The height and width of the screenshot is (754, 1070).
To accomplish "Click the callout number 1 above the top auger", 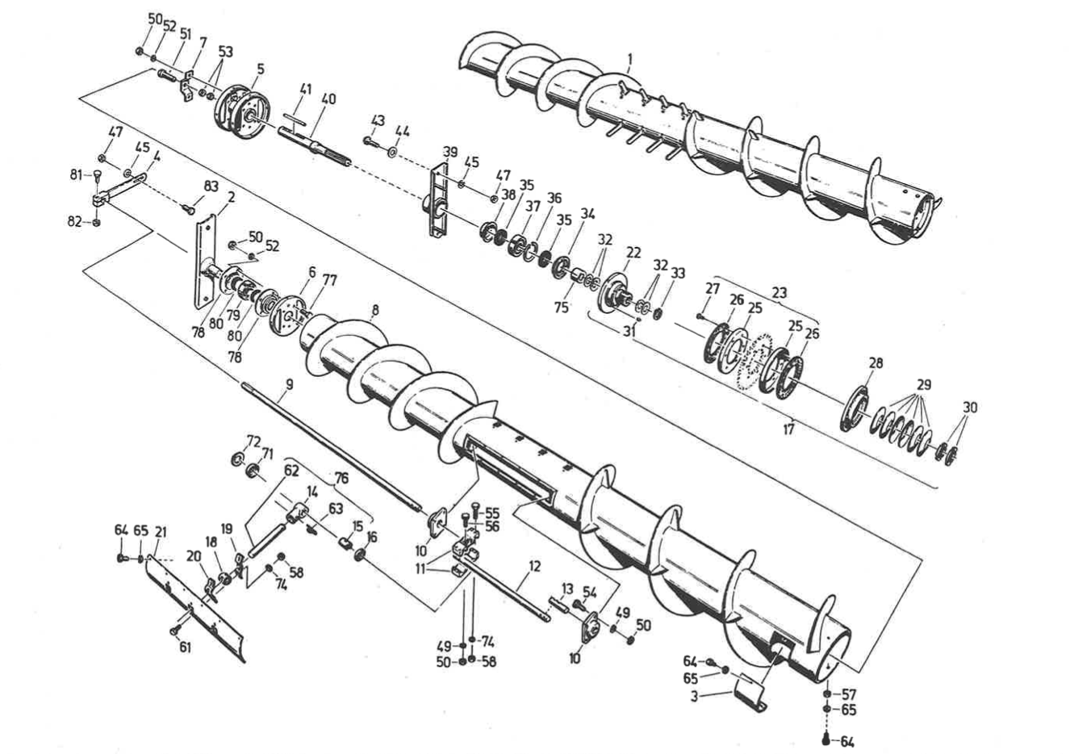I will pos(630,58).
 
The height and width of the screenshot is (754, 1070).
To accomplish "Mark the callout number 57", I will pos(850,694).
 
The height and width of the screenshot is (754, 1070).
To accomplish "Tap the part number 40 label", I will pos(328,99).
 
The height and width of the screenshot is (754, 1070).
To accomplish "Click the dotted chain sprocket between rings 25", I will pos(754,361).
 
